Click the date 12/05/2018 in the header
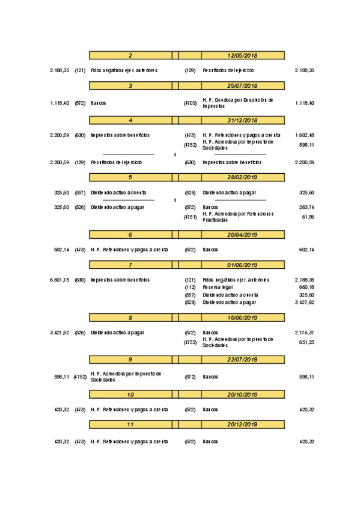click(242, 55)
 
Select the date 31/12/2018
click(242, 120)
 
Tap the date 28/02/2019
click(242, 177)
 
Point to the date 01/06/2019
click(242, 265)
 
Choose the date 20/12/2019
click(242, 425)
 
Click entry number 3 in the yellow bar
click(130, 86)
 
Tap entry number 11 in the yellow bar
click(130, 425)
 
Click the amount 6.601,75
click(59, 280)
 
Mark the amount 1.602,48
click(305, 135)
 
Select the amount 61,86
click(307, 217)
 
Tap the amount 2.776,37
click(305, 332)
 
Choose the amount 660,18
click(307, 287)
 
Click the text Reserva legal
click(218, 287)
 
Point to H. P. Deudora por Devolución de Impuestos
click(238, 102)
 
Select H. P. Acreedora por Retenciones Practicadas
click(238, 216)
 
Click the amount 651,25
click(307, 343)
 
